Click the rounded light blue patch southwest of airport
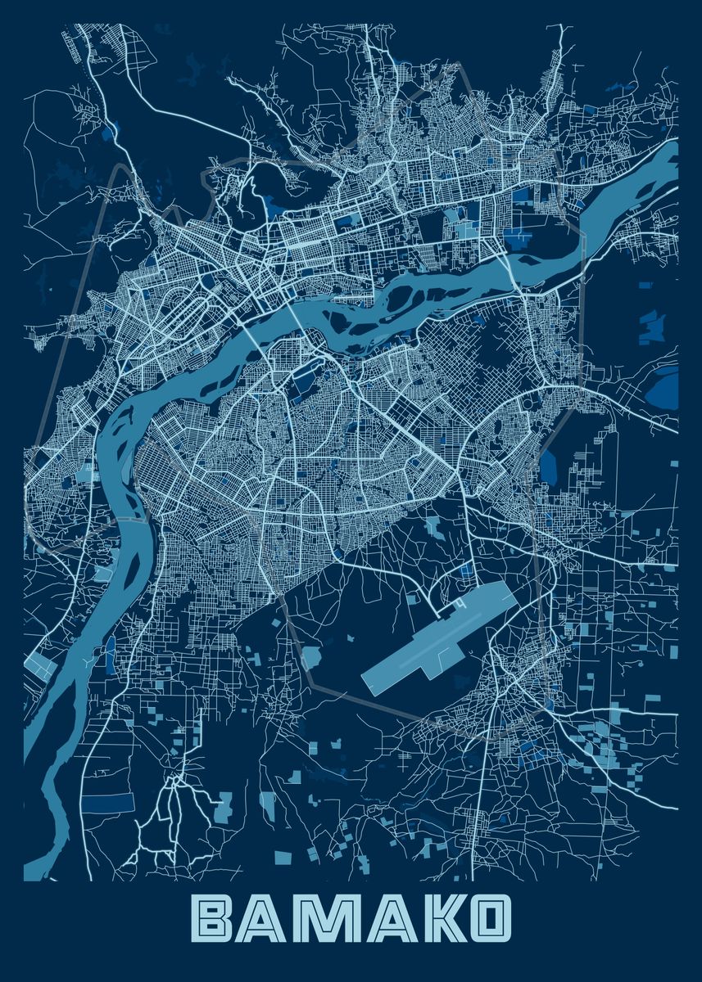[312, 655]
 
